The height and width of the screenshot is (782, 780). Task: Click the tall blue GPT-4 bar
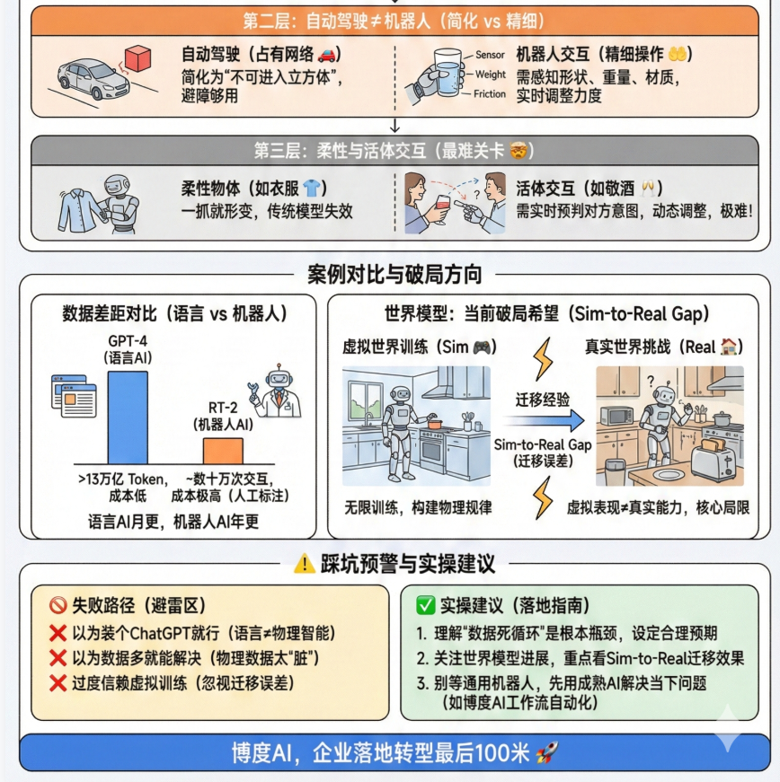[129, 417]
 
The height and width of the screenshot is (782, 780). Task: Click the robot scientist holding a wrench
[277, 391]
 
